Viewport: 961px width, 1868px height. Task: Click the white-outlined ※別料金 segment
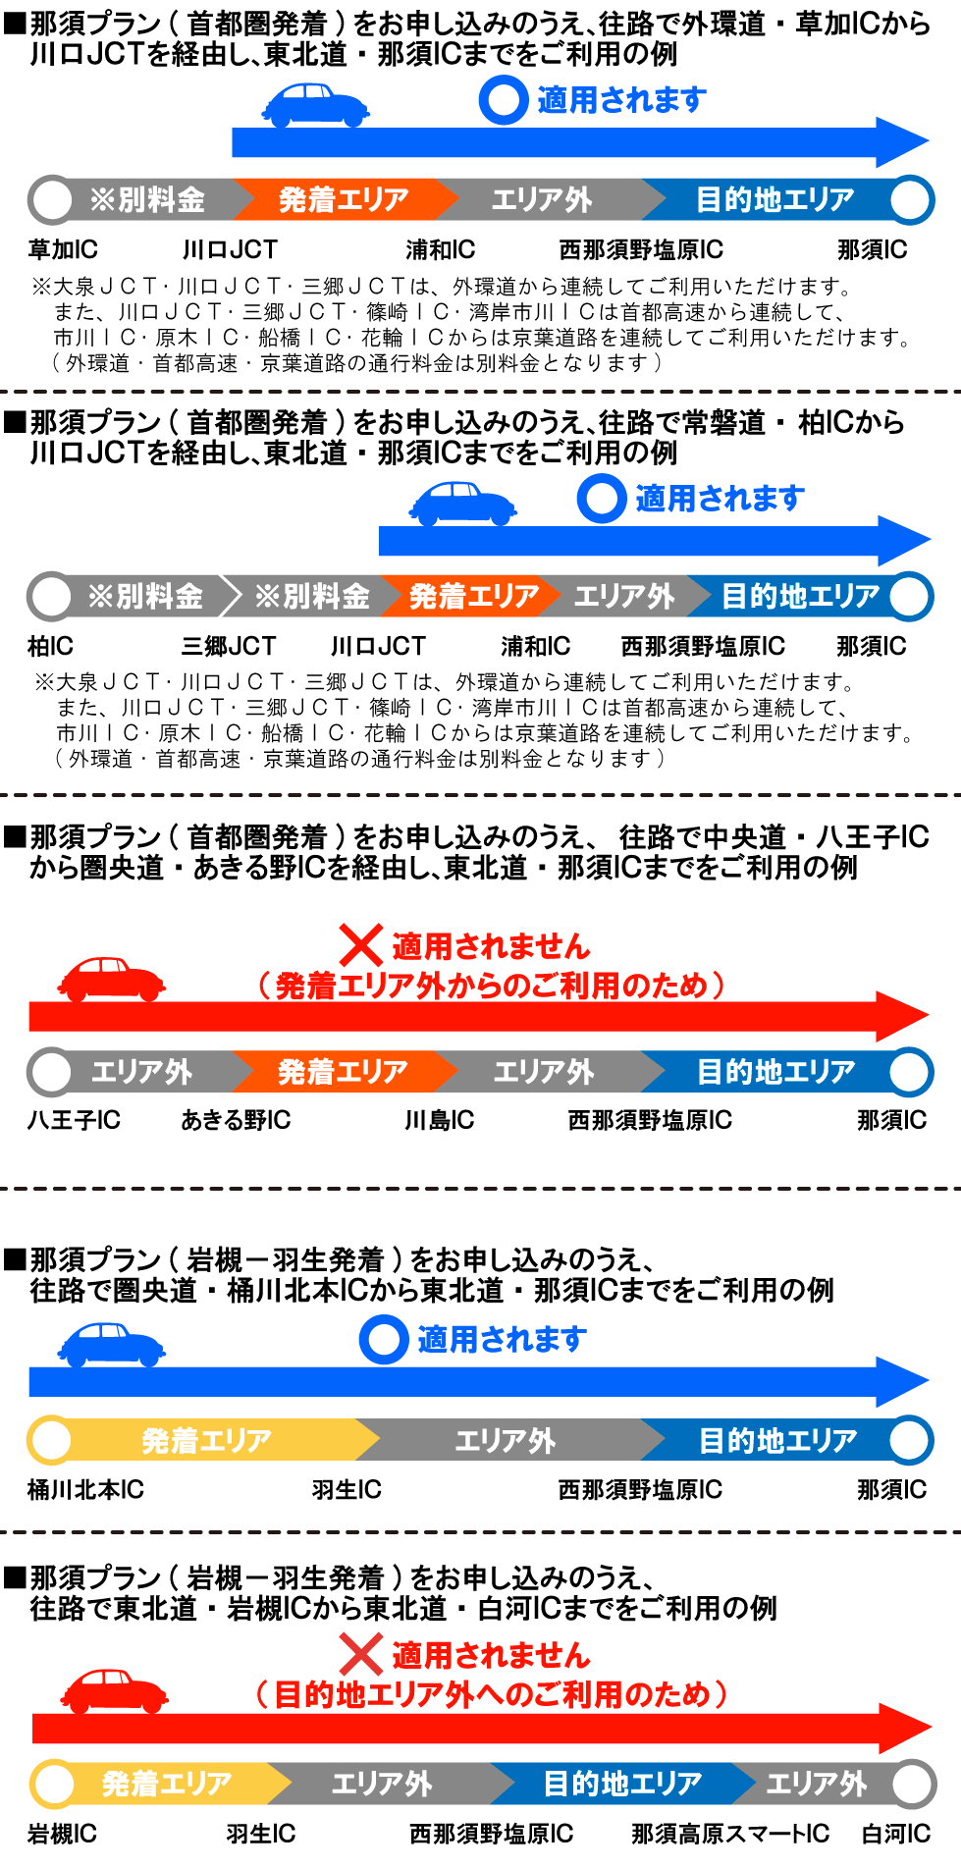tap(144, 596)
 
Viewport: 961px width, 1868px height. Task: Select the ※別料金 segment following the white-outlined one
tap(312, 596)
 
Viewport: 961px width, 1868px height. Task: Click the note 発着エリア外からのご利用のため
tap(491, 985)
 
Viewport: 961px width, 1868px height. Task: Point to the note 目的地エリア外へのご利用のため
tap(491, 1693)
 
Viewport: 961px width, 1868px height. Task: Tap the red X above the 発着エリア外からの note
tap(360, 945)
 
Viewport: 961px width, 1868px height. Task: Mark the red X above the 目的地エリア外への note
tap(360, 1654)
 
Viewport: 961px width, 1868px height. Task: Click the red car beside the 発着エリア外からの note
tap(111, 980)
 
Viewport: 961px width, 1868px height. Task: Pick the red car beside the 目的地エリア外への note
tap(114, 1690)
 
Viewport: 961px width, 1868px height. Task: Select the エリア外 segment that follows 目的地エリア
tap(816, 1783)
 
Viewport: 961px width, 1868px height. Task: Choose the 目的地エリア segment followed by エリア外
tap(622, 1783)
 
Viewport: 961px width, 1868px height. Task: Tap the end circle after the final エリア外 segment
tap(912, 1784)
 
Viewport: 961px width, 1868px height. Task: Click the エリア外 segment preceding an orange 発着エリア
tap(141, 1071)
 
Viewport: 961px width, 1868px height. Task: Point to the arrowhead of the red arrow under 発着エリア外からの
tap(901, 1016)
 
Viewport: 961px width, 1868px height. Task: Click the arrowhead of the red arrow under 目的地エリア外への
tap(903, 1728)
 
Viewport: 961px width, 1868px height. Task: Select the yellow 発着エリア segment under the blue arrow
tap(206, 1440)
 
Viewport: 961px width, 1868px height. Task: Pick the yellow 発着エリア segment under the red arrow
tap(167, 1783)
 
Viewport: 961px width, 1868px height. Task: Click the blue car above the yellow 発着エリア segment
tap(111, 1344)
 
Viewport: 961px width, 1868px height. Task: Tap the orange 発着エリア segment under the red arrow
tap(342, 1071)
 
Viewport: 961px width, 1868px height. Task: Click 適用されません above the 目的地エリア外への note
tap(491, 1655)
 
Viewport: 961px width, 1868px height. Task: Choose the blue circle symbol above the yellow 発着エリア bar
tap(383, 1339)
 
